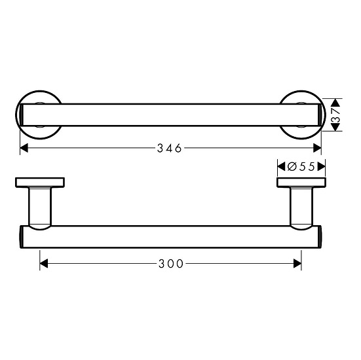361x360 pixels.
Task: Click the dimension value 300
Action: pyautogui.click(x=171, y=264)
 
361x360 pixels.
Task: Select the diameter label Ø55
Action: pyautogui.click(x=303, y=166)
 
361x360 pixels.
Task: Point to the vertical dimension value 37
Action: pyautogui.click(x=335, y=114)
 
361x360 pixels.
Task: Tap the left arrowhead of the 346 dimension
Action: pyautogui.click(x=24, y=148)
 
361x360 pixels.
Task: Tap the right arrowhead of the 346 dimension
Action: pyautogui.click(x=318, y=148)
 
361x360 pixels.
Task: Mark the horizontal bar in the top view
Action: pyautogui.click(x=171, y=115)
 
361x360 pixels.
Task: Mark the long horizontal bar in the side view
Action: pyautogui.click(x=171, y=237)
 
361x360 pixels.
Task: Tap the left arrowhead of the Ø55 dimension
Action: pyautogui.click(x=280, y=166)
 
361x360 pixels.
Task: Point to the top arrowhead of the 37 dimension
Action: pyautogui.click(x=335, y=101)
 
